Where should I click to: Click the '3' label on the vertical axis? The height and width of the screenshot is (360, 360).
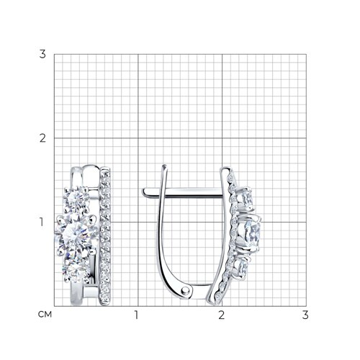(x=42, y=54)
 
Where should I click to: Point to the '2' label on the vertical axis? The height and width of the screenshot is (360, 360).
(x=42, y=138)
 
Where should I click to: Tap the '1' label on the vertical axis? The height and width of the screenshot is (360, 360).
(x=42, y=222)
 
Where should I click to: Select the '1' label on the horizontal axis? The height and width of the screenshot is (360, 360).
(x=137, y=315)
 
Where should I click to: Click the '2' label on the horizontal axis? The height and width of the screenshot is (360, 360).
(x=222, y=315)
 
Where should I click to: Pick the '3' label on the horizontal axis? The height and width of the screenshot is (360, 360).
(x=305, y=315)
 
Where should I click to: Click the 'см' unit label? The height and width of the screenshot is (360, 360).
(x=45, y=315)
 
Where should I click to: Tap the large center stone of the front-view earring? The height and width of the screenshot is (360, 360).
(x=77, y=235)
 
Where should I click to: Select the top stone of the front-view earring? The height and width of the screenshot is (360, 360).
(x=76, y=199)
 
